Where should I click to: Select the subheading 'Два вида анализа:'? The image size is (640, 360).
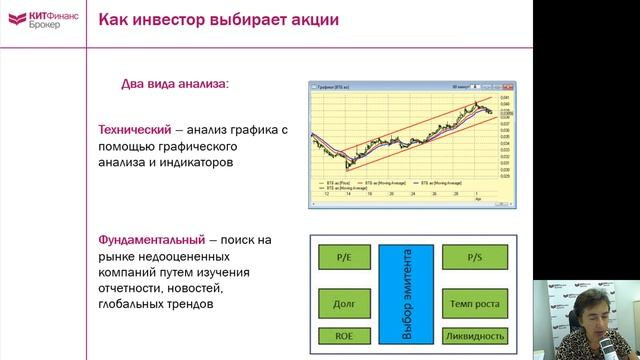(175, 84)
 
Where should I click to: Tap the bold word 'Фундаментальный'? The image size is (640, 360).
(151, 241)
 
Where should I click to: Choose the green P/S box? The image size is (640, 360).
(474, 257)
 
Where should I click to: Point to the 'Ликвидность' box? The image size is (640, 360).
(474, 336)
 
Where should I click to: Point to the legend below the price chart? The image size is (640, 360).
(400, 186)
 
